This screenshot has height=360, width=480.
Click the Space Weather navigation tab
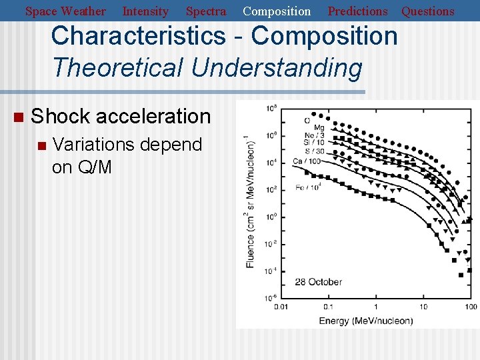pos(65,11)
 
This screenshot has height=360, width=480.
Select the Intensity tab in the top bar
pos(145,11)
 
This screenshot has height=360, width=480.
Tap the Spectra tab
pos(205,11)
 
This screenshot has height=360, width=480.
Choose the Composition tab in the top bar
pos(277,11)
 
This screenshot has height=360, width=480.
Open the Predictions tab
pos(357,11)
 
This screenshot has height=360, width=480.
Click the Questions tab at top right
pos(427,11)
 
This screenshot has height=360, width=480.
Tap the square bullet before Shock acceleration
pos(18,117)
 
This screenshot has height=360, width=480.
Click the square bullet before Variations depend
pos(41,145)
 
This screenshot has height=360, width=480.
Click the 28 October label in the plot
pos(318,282)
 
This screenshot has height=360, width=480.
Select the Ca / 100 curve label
pos(307,161)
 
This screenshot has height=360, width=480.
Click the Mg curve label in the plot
pos(319,127)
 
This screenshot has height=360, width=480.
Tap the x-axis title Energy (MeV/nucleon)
pos(365,321)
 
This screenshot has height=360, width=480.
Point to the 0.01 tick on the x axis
pos(281,307)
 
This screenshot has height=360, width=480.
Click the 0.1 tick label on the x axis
pos(328,307)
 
